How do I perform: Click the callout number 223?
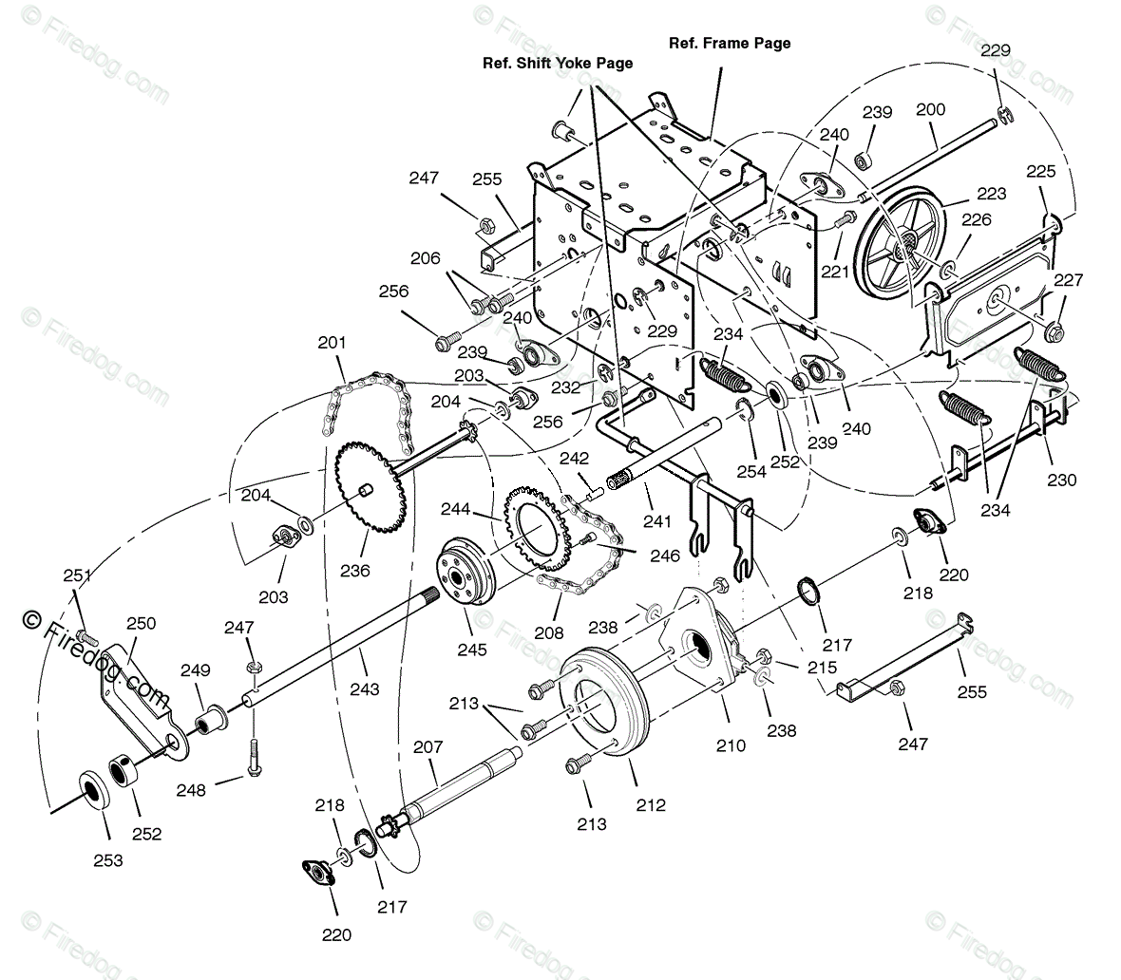[x=991, y=194]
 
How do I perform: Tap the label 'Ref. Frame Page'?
[x=730, y=43]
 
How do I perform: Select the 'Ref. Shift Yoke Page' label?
[x=556, y=63]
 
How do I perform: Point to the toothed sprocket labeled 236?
[x=366, y=490]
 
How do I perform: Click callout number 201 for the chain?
[x=332, y=342]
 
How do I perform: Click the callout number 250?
[x=141, y=623]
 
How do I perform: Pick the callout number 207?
[x=427, y=748]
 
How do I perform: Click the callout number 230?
[x=1061, y=480]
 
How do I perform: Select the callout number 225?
[x=1040, y=172]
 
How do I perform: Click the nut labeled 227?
[x=1054, y=332]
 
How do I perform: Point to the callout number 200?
[x=930, y=109]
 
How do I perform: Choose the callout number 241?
[x=656, y=520]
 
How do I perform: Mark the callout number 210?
[x=731, y=746]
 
